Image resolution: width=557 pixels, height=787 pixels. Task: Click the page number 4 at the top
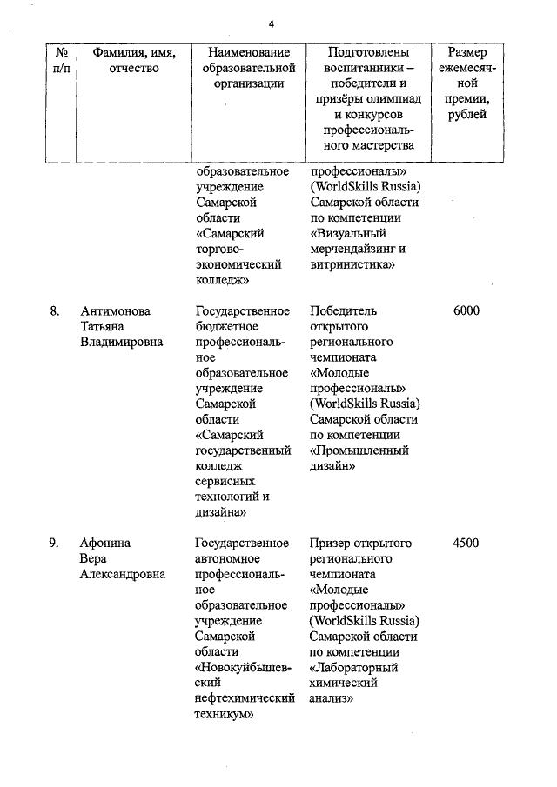pos(271,23)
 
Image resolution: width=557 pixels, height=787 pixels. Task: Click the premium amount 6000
pos(466,311)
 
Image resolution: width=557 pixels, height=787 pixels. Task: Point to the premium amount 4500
pos(466,544)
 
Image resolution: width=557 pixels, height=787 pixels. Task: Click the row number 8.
pos(55,311)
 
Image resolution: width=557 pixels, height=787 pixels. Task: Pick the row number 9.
pos(55,544)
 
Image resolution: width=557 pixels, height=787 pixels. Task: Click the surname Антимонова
pos(115,311)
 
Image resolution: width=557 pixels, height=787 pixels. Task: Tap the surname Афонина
pos(105,544)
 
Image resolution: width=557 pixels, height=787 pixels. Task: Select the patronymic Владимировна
pos(122,343)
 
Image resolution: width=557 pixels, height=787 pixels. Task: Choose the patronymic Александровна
pos(123,575)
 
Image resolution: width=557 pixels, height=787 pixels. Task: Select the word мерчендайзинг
pos(352,249)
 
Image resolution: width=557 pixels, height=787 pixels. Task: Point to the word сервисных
pos(225,482)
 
